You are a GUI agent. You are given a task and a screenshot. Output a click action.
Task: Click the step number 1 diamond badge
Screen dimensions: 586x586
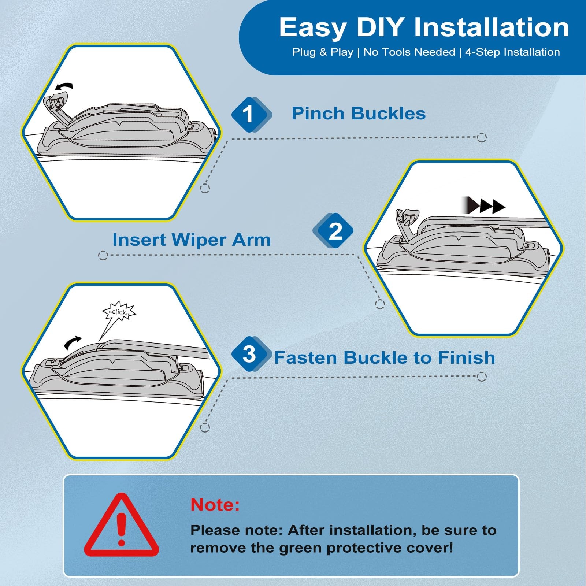[251, 115]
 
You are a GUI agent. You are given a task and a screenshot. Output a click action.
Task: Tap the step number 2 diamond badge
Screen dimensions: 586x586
[333, 231]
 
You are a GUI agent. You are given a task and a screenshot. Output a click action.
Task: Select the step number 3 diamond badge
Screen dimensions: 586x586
[251, 354]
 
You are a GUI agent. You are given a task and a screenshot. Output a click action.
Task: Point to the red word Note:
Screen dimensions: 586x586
[215, 505]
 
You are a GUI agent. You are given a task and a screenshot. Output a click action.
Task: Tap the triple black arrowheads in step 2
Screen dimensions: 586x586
[483, 205]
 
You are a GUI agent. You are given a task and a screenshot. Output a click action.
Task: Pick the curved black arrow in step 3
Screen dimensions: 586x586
[73, 342]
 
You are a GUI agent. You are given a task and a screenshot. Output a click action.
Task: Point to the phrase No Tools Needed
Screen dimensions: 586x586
[409, 52]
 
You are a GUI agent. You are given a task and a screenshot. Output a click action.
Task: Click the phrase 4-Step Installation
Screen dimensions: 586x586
[512, 52]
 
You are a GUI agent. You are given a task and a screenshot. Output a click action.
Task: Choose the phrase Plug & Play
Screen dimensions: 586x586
[323, 52]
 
